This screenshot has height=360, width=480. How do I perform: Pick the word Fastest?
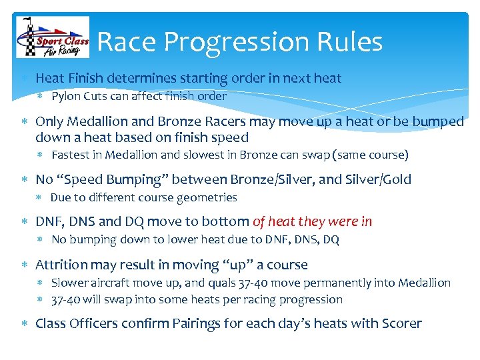[x=71, y=155]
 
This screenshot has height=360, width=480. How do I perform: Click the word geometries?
[x=207, y=197]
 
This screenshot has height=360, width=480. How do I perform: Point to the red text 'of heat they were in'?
[x=312, y=222]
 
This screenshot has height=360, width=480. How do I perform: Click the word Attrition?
[x=61, y=265]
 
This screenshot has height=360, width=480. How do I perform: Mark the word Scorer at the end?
[x=402, y=324]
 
